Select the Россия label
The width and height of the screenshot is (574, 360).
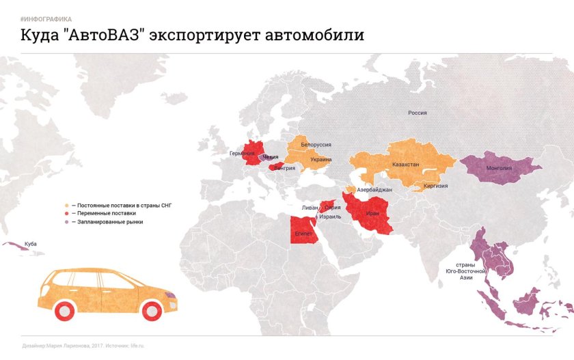418,113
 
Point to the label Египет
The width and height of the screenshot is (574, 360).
304,233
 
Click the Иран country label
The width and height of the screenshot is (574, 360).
372,213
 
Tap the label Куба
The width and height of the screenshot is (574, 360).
30,244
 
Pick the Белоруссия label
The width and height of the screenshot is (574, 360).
316,146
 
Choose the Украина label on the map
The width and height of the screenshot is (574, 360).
320,159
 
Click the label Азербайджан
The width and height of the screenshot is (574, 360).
374,189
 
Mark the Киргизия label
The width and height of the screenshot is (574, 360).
435,185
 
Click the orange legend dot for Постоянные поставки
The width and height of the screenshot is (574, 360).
66,205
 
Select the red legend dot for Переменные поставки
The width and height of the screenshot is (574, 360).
66,213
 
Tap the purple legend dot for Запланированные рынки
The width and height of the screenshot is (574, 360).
66,221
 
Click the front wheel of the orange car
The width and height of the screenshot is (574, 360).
151,311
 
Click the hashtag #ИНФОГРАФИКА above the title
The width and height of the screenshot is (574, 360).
46,19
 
